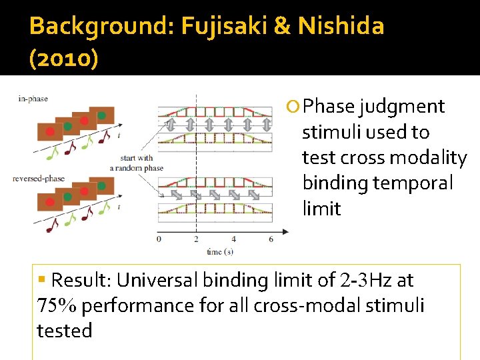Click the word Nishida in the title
click(341, 26)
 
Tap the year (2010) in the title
click(64, 59)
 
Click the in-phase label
click(33, 99)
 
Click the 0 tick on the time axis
click(159, 239)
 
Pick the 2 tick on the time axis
click(196, 239)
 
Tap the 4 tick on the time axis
click(233, 239)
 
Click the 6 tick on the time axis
click(271, 239)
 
